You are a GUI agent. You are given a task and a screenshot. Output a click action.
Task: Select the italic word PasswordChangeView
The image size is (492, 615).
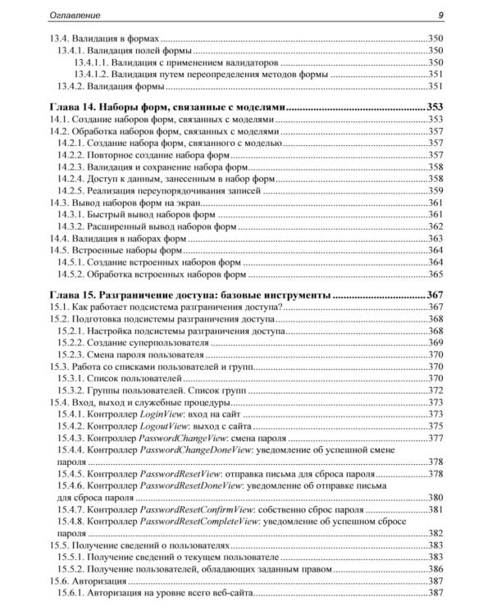(190, 439)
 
